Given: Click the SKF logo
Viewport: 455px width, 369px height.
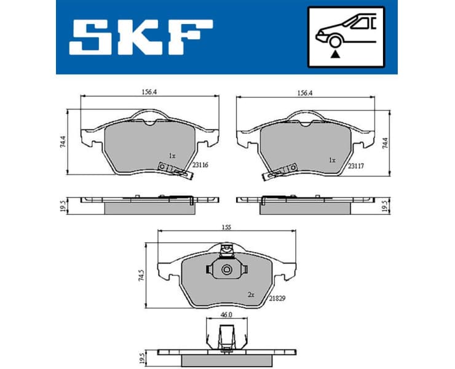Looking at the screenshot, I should (x=141, y=36).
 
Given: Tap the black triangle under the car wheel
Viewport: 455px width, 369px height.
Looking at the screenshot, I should (x=334, y=55).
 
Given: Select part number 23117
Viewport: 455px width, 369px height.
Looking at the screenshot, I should (x=355, y=166).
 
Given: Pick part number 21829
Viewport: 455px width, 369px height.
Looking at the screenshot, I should (x=277, y=298).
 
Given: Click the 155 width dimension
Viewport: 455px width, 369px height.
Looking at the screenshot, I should (x=227, y=226).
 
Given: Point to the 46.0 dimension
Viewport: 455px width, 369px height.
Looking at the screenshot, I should (x=226, y=315).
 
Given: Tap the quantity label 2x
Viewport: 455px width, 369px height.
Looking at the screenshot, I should (x=251, y=295).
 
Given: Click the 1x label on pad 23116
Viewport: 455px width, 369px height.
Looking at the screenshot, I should (x=173, y=156).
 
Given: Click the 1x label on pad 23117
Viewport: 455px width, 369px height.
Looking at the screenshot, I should (x=333, y=160).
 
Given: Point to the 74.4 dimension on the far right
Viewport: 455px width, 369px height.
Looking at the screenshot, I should (x=386, y=143).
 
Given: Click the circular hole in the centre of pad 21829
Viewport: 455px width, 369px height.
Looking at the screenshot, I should (x=226, y=269).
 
